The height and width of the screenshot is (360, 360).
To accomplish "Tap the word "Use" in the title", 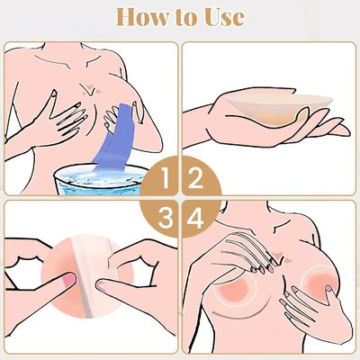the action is pos(224,17).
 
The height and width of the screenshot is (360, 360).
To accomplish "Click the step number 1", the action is pos(166,177).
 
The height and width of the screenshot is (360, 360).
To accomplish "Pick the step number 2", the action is pos(195,177).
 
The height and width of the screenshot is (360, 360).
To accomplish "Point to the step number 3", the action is pos(166,217).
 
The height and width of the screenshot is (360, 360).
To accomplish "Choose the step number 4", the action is pos(195,217).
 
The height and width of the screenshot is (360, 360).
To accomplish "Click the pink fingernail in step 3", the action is pos(69,279).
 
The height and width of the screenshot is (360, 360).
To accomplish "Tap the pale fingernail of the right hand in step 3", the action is pos(102,285).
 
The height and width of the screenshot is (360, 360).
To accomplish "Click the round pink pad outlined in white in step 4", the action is pos(236,290).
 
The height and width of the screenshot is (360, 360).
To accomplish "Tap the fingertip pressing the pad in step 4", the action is pos(328,289).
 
